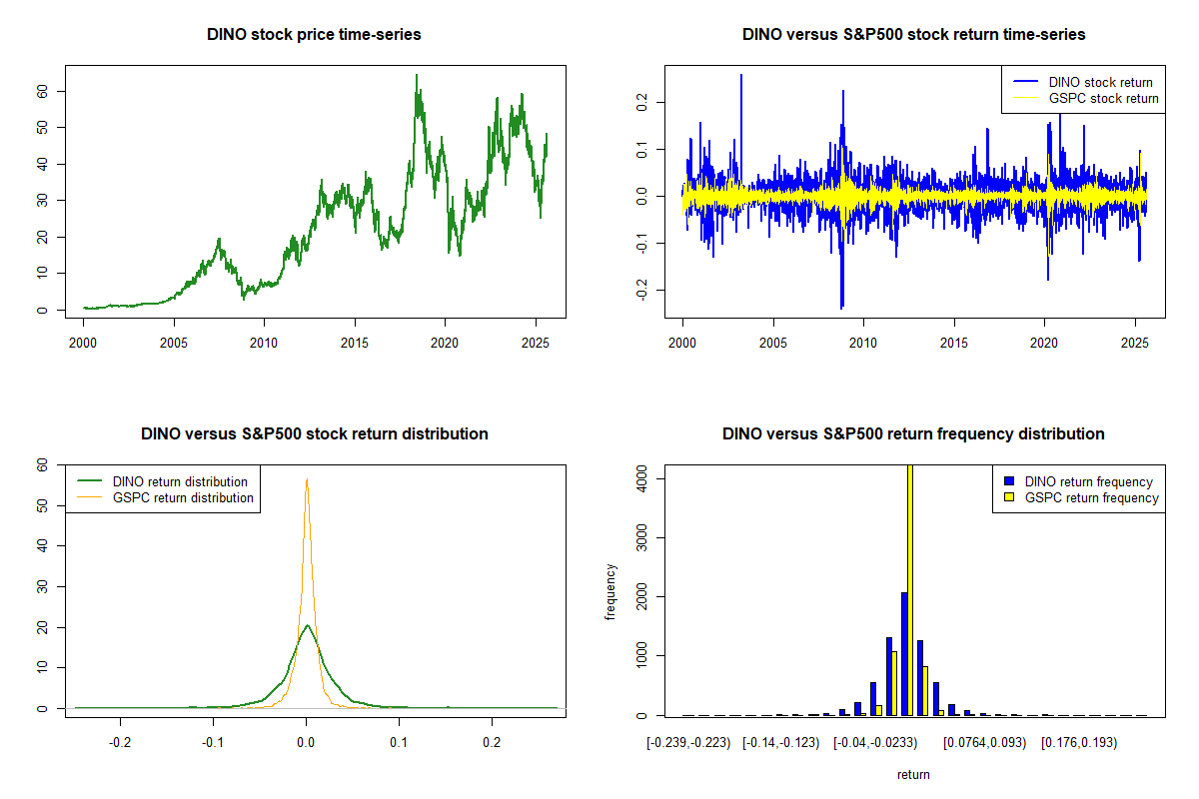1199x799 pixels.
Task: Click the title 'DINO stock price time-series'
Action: click(314, 35)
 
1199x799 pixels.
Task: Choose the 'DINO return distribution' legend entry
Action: click(180, 482)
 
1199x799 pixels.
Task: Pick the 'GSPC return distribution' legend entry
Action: click(183, 498)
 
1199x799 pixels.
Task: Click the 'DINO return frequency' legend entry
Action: click(1089, 482)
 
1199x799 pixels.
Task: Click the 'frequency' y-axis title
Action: click(611, 592)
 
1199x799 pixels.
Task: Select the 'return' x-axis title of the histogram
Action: click(913, 774)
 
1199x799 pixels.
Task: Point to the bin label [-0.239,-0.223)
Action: click(688, 743)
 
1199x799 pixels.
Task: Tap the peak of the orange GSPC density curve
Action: click(306, 480)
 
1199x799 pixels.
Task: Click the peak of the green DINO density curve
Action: click(307, 626)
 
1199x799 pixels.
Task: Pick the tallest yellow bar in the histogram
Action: click(910, 589)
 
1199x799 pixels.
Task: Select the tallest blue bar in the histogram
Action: click(904, 653)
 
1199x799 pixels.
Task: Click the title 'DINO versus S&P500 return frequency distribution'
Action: click(913, 434)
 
